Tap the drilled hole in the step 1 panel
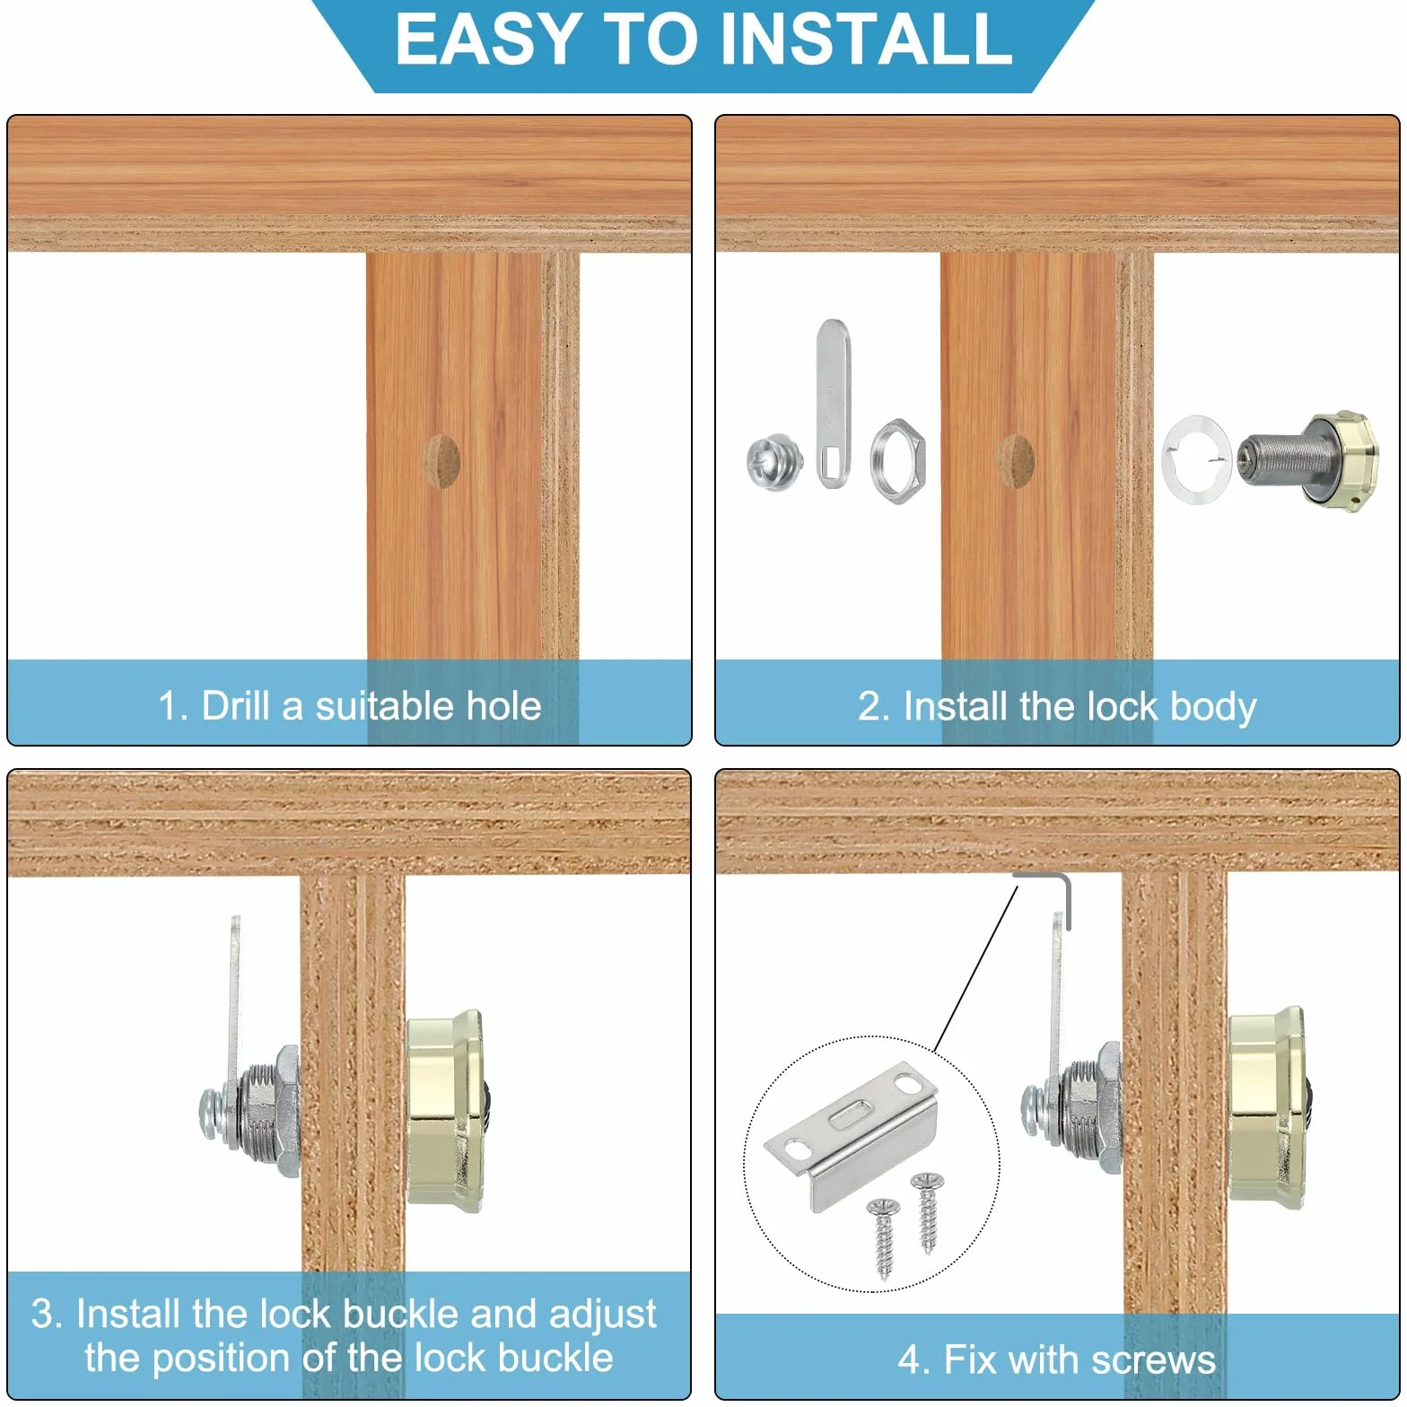441,461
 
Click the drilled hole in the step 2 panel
1015,461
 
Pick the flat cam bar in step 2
833,403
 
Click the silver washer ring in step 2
1196,460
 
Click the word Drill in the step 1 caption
235,706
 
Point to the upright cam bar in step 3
235,996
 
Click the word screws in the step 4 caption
1154,1360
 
